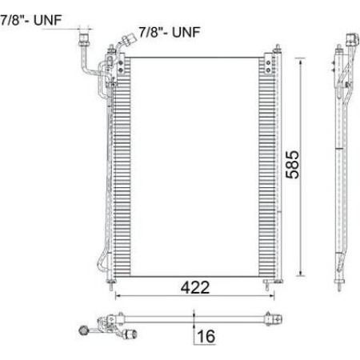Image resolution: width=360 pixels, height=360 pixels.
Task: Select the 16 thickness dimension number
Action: (206, 337)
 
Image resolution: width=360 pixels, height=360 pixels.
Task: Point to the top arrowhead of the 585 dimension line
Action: (301, 61)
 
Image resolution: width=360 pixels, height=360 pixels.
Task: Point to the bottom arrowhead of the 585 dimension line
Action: (301, 273)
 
